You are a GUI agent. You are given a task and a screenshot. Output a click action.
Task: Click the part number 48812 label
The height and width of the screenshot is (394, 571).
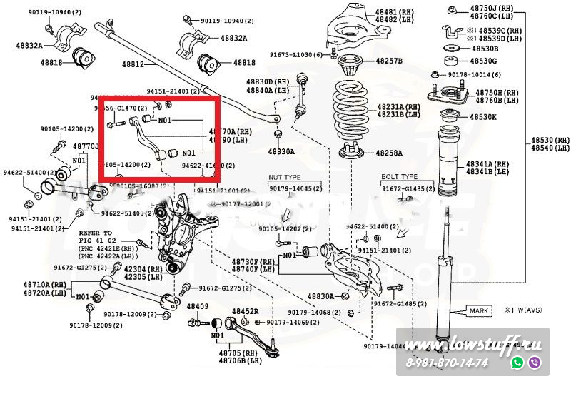[x=133, y=64]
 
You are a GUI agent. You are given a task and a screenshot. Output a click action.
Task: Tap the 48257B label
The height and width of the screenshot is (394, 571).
[x=390, y=61]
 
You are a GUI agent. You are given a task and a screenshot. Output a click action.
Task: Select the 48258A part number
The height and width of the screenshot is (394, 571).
[x=390, y=153]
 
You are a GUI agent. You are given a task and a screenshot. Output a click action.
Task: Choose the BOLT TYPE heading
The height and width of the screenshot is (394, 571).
[x=399, y=176]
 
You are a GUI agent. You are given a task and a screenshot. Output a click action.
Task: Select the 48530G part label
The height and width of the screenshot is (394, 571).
[x=485, y=62]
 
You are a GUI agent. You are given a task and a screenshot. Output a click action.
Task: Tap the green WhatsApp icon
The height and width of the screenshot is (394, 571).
[x=517, y=363]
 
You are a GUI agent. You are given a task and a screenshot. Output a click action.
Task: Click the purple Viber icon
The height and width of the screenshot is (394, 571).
[x=535, y=363]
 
